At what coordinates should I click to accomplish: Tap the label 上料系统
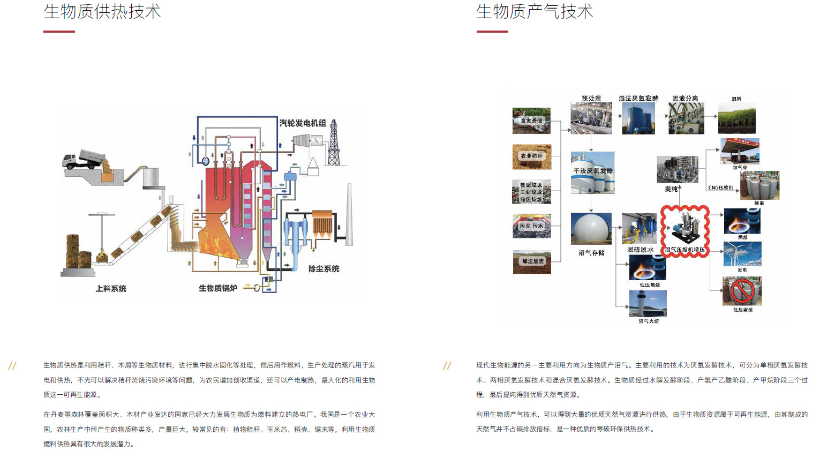pos(111,289)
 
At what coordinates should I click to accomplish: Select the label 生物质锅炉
pos(218,288)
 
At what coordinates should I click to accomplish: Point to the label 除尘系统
pos(324,269)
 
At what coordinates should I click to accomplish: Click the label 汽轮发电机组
pos(303,123)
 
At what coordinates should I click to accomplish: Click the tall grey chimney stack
pos(350,214)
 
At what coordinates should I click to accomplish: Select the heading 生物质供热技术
pos(102,12)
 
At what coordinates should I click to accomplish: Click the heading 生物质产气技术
pos(535,12)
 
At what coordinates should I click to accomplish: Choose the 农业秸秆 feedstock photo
pos(531,156)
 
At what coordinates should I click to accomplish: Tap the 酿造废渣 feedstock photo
pos(531,262)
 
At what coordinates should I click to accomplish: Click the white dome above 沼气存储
pos(591,229)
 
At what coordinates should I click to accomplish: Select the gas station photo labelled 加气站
pos(740,151)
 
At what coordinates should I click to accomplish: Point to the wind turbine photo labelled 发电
pos(742,254)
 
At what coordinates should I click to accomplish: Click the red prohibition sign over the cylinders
pos(742,291)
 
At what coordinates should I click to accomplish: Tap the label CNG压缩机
pos(720,187)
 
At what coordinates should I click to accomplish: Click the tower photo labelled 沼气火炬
pos(648,304)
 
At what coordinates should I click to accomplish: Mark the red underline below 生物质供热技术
pos(59,32)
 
